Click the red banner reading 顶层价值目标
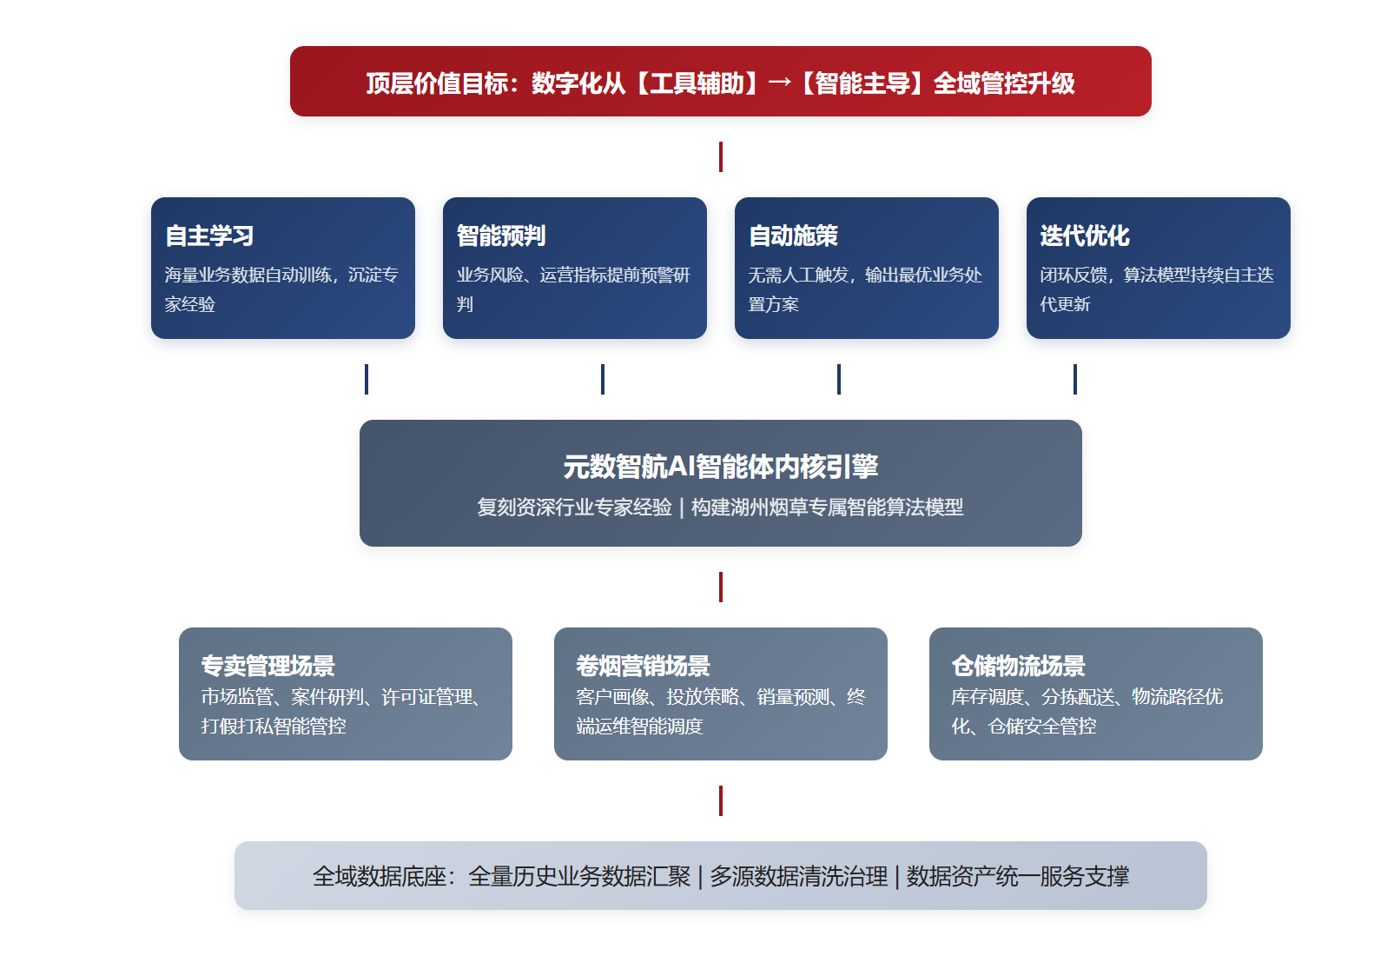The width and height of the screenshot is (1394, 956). click(721, 81)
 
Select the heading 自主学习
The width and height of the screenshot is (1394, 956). click(209, 236)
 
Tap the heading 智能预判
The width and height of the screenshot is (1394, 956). click(501, 236)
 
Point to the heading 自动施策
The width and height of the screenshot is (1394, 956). click(793, 236)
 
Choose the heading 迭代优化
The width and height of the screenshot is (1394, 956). click(1085, 236)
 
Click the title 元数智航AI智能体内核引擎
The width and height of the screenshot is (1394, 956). click(721, 467)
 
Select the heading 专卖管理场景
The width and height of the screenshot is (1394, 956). click(268, 666)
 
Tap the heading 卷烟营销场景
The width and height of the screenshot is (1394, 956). click(643, 666)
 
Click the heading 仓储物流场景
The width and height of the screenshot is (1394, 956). click(1018, 666)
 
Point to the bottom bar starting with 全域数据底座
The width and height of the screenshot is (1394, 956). click(721, 876)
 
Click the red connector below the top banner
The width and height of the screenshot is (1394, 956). click(721, 157)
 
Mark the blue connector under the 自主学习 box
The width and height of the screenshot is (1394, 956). click(367, 379)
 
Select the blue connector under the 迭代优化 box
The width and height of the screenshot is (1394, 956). click(1074, 379)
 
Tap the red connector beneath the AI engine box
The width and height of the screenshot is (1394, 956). click(721, 588)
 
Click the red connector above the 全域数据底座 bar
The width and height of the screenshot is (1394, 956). click(721, 801)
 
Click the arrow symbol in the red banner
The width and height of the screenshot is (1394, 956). click(780, 83)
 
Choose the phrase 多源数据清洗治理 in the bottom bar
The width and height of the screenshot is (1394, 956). click(799, 876)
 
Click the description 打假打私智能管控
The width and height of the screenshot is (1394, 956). click(274, 727)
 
